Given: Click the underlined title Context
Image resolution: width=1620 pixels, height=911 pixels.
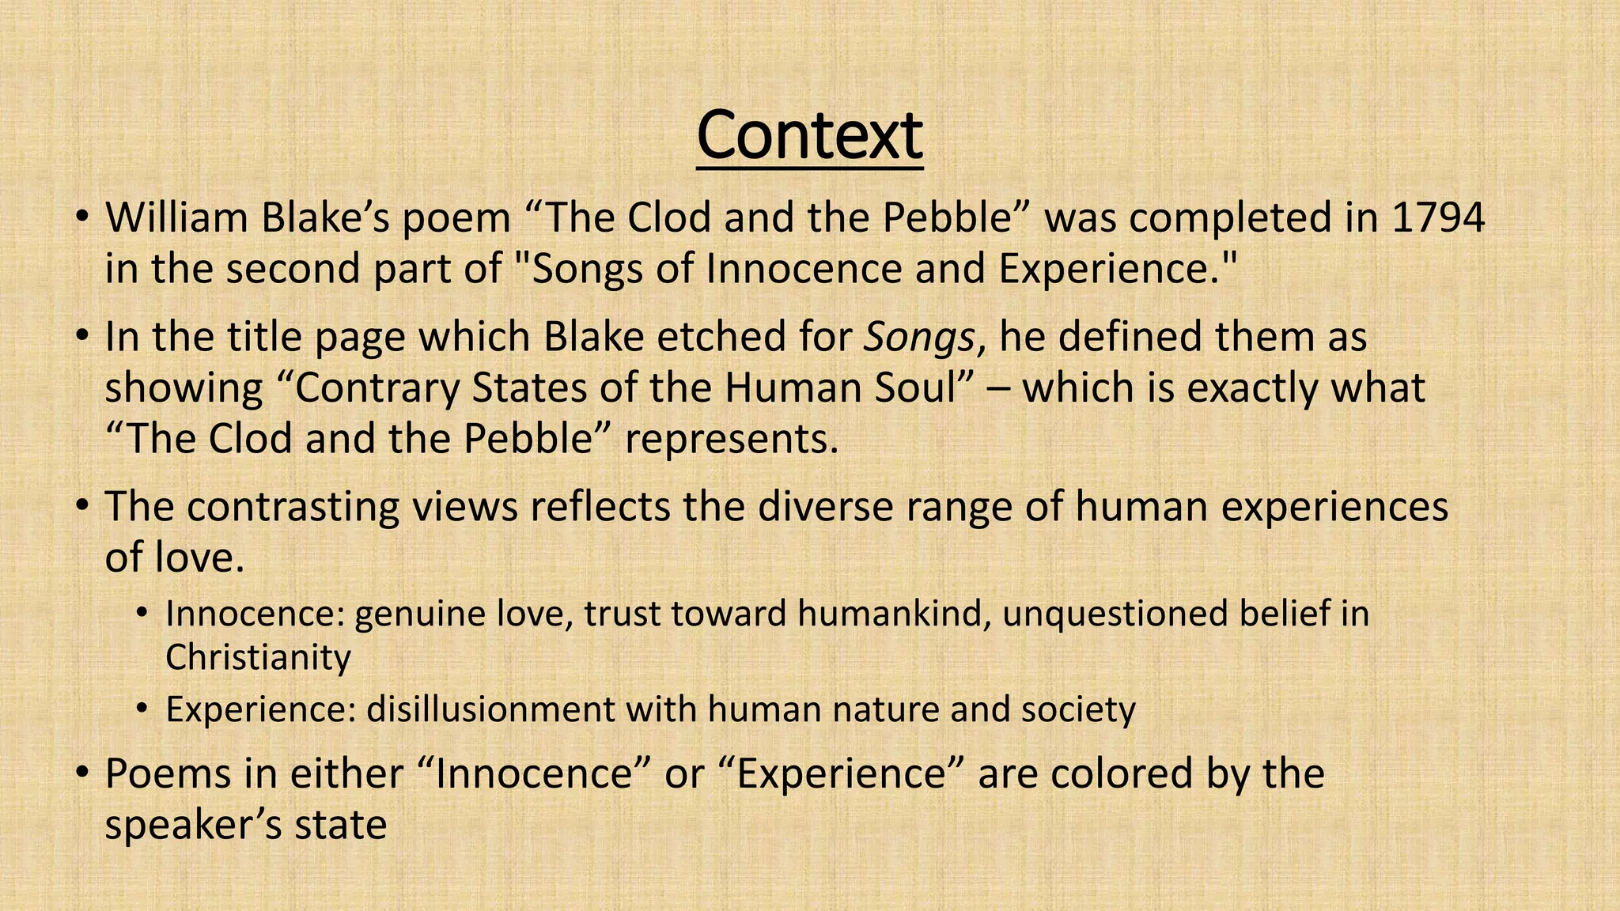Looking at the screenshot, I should pos(809,136).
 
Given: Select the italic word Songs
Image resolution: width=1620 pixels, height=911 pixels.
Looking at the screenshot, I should pos(918,337).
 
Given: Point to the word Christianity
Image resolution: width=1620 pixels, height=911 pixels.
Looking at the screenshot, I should pos(258,657).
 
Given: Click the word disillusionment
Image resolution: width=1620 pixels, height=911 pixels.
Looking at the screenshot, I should pos(490,709).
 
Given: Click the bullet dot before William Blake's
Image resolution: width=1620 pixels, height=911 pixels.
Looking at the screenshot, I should pos(81,217).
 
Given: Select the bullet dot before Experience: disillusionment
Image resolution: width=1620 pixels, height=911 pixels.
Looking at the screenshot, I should pos(142,709).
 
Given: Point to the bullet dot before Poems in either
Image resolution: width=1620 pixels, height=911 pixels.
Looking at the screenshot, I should pos(81,773).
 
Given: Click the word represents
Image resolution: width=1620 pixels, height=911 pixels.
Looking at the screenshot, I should pos(731,440).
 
